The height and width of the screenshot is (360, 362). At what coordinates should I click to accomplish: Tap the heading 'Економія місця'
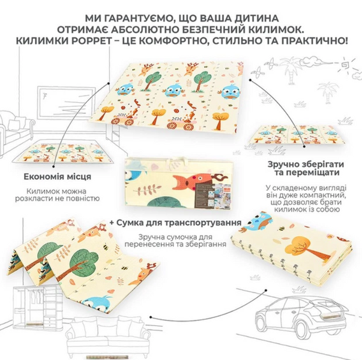point(58,177)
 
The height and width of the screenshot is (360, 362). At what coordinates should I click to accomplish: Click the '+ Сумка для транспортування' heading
point(175,223)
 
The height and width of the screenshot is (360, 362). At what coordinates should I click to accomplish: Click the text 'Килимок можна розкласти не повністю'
point(58,195)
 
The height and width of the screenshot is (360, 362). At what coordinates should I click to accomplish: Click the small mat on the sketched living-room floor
point(62,153)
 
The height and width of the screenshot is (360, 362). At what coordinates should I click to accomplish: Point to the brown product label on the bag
point(205,196)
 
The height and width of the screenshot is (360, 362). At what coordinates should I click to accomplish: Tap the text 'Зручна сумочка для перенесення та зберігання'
point(175,241)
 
